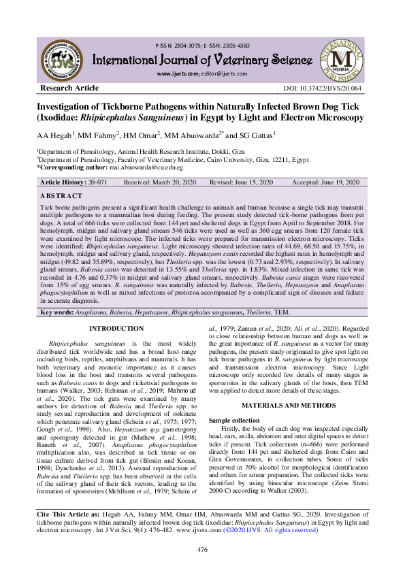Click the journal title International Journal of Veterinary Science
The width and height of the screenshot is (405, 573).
(203, 56)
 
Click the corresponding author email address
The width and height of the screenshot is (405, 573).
(144, 167)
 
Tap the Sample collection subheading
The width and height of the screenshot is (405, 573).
(236, 421)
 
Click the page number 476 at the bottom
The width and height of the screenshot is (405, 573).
(202, 549)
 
